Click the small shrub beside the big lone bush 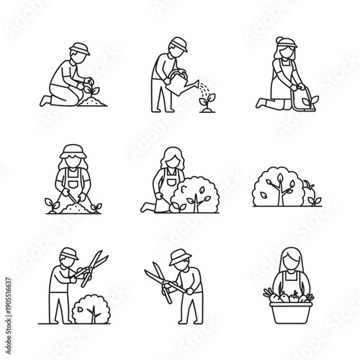312,195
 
